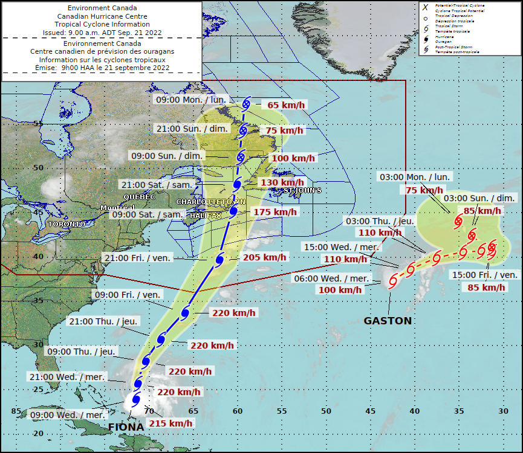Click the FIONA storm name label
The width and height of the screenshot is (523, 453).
click(x=126, y=428)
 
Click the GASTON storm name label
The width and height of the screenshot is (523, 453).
click(x=388, y=321)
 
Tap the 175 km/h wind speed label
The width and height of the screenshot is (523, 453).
click(x=275, y=212)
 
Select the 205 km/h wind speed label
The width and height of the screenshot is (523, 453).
click(x=265, y=257)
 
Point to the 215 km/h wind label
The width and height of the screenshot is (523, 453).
click(x=171, y=423)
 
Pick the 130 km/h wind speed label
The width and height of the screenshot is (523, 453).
click(x=281, y=182)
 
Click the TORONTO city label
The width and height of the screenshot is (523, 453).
click(x=67, y=224)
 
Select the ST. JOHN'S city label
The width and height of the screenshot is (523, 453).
click(x=302, y=190)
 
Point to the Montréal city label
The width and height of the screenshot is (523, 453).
click(x=118, y=208)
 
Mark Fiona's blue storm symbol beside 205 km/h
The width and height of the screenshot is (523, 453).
click(x=220, y=260)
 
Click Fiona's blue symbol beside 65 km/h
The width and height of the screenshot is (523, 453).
click(x=246, y=104)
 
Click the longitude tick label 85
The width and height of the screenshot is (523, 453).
click(x=16, y=411)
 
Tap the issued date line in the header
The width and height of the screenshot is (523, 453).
click(x=102, y=33)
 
